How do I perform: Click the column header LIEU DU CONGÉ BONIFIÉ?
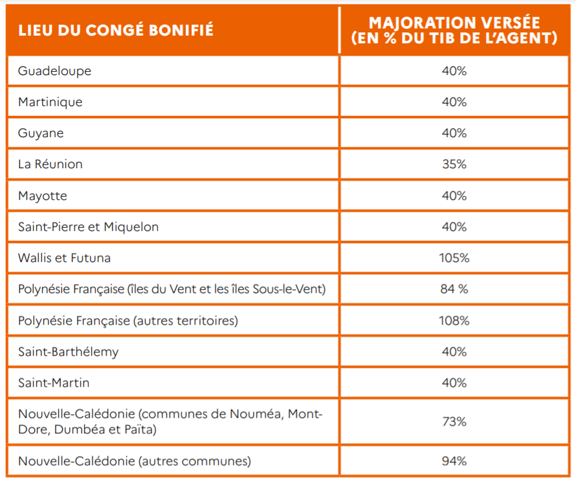[116, 30]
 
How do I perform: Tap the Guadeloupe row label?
[55, 71]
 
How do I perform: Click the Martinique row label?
[50, 102]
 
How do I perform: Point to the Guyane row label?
[41, 133]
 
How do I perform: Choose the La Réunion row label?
[50, 164]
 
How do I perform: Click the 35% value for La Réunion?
[454, 164]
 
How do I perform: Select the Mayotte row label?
[43, 196]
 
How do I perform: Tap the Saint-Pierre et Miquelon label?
[89, 227]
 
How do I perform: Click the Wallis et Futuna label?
[64, 258]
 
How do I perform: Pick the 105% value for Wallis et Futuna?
[454, 258]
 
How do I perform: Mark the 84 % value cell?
[454, 289]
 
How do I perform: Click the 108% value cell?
[454, 321]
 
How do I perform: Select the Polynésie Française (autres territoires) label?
[128, 321]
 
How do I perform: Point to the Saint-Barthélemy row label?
[69, 352]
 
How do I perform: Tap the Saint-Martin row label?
[54, 383]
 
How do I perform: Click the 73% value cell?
[454, 422]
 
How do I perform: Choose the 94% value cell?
[454, 461]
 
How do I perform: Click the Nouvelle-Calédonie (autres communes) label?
[135, 461]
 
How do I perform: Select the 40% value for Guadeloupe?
[454, 71]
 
